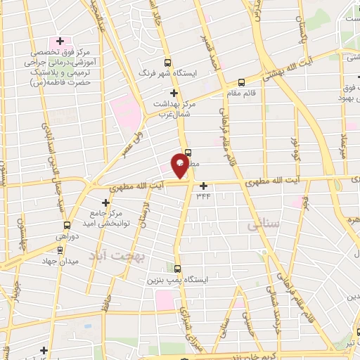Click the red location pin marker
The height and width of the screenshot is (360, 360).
[180, 167]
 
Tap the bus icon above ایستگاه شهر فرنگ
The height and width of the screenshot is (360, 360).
[167, 62]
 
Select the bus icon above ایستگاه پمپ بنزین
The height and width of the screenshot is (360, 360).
[176, 269]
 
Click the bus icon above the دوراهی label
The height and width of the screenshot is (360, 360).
[66, 226]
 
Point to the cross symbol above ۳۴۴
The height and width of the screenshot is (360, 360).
[204, 186]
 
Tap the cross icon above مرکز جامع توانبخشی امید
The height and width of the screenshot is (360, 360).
[106, 202]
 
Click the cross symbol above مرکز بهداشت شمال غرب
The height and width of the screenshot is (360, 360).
[174, 93]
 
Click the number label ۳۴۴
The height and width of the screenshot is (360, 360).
[204, 196]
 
